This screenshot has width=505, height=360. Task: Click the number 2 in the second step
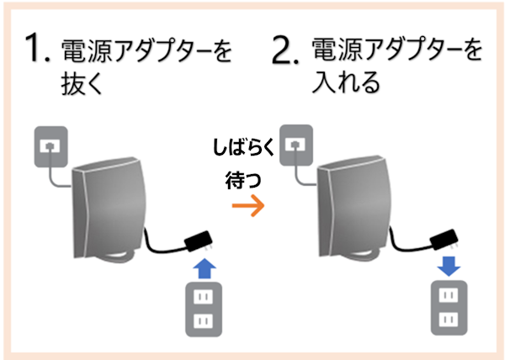click(285, 52)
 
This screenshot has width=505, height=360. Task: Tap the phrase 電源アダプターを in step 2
click(397, 52)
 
